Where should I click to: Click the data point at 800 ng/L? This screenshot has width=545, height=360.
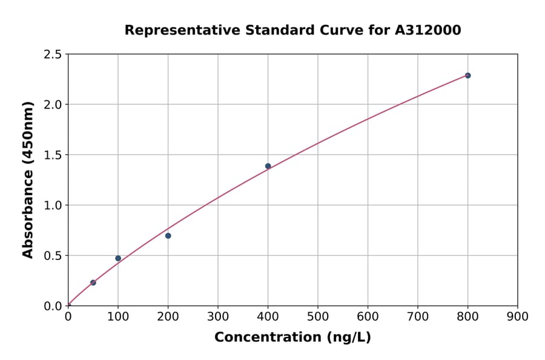pos(467,76)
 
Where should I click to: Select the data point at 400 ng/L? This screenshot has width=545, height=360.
pos(268,166)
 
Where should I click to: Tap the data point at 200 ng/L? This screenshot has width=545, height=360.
pos(168,236)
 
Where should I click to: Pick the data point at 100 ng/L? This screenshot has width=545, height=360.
pos(118,258)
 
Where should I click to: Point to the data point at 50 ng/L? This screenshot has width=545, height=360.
pos(93,282)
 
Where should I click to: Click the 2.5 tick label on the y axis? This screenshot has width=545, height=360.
pos(53,55)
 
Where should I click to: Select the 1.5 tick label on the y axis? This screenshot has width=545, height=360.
pos(53,155)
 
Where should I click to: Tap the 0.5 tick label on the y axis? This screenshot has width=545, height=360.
pos(53,256)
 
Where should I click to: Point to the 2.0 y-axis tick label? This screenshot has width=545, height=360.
pos(53,105)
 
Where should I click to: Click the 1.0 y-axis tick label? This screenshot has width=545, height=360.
pos(53,205)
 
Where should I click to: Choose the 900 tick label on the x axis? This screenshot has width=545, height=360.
pos(517,316)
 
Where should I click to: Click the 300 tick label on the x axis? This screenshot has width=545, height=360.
pos(218,316)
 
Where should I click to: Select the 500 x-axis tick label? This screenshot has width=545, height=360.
pos(318,316)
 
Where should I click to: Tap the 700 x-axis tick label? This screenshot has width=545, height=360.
pos(417,316)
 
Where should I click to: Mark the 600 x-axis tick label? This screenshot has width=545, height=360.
pos(368,316)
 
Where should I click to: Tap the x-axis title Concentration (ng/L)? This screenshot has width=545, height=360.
pos(292,338)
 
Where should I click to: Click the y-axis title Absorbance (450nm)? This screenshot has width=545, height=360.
pos(28,180)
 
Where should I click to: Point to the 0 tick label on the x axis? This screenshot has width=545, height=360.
pos(68,316)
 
